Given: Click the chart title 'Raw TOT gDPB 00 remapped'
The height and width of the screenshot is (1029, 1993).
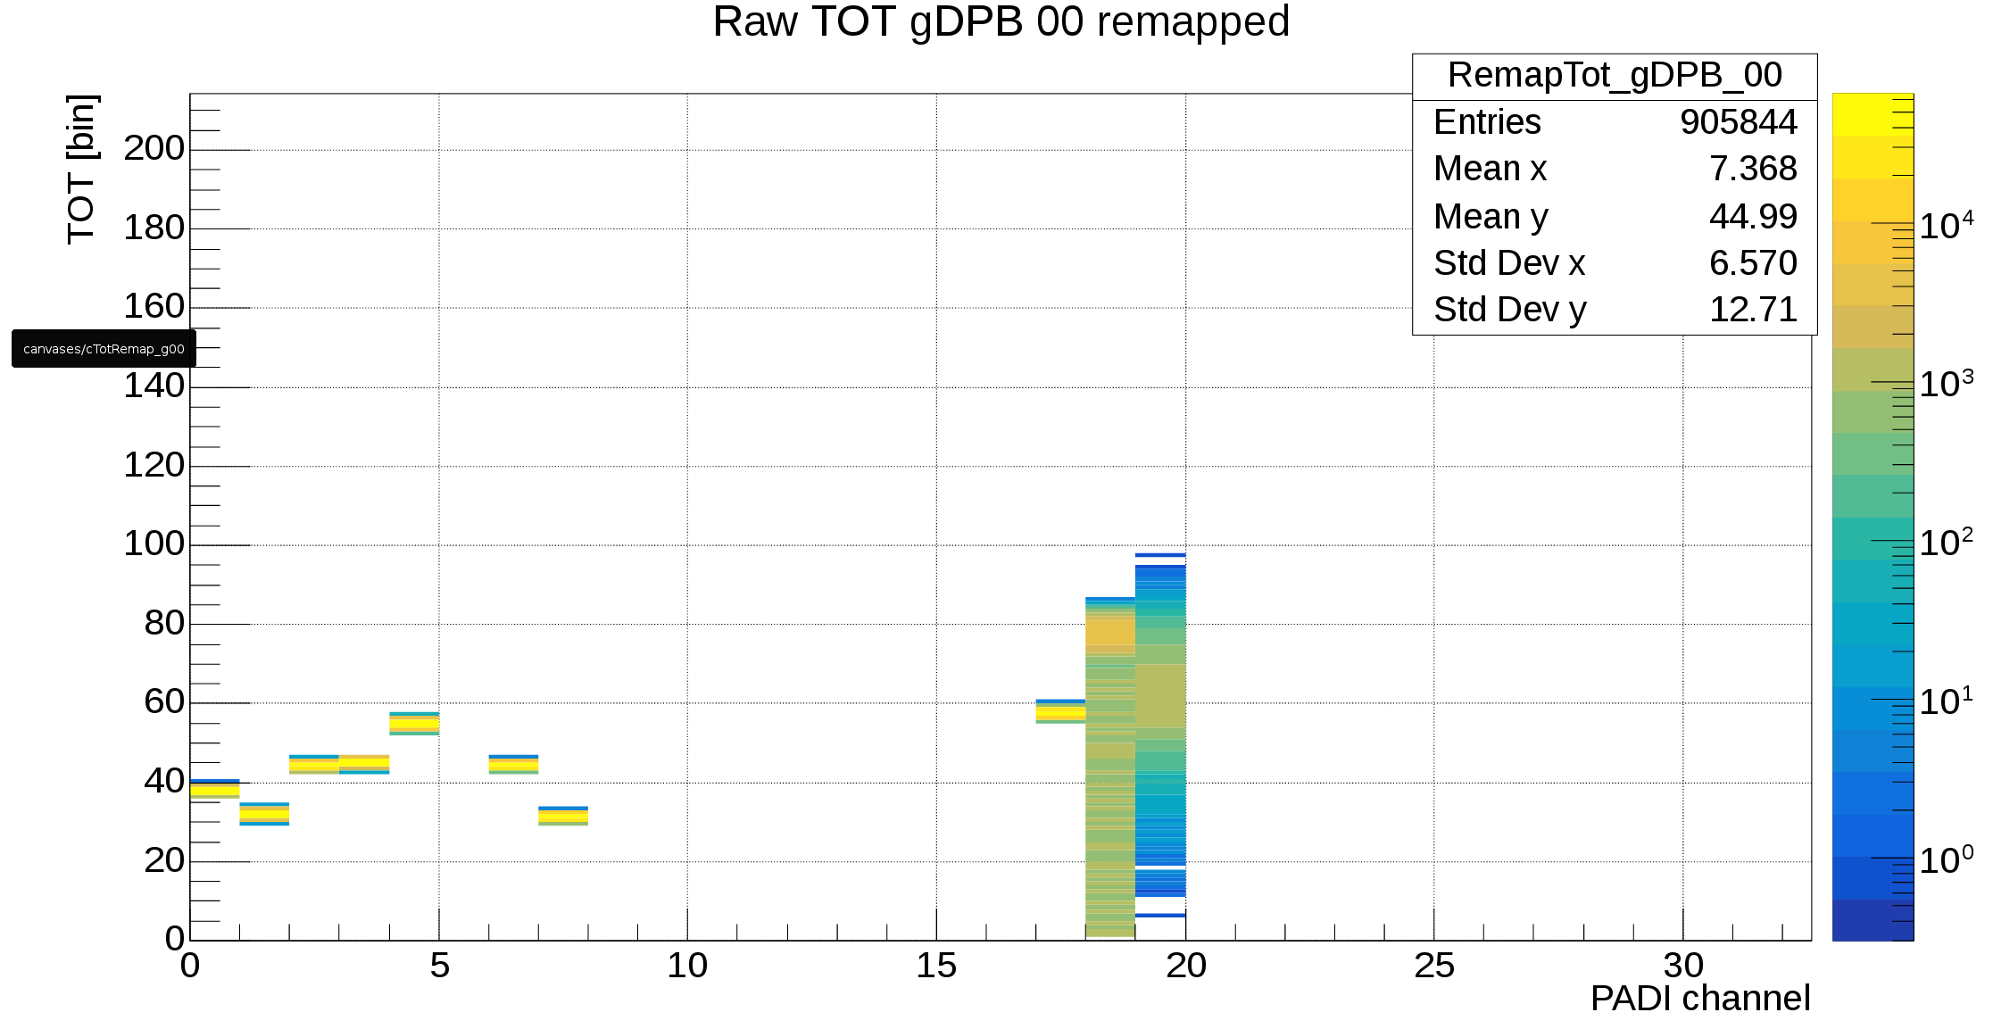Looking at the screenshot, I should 1001,22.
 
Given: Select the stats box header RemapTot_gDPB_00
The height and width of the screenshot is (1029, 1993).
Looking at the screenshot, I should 1614,76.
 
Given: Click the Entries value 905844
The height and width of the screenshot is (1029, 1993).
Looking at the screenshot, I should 1738,122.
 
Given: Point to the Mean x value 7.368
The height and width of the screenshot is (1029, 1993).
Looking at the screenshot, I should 1752,169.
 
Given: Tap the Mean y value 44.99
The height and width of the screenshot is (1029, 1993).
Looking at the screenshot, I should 1752,216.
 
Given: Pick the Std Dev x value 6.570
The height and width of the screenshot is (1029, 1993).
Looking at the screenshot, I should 1752,263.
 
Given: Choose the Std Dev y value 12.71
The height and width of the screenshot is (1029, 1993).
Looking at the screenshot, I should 1752,310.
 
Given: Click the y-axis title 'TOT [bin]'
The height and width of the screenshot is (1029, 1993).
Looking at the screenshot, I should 82,169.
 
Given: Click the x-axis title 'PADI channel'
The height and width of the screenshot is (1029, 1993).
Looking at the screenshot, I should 1699,999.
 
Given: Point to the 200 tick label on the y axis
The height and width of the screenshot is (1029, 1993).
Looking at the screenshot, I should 154,148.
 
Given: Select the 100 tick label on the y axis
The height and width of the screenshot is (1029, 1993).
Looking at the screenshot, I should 154,544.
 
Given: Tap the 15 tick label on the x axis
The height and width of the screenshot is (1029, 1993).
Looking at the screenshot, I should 936,966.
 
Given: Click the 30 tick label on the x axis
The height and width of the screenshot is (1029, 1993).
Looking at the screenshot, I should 1683,966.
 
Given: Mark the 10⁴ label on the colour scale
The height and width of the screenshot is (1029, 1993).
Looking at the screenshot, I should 1946,225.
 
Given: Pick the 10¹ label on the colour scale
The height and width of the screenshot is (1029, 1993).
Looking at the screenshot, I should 1946,701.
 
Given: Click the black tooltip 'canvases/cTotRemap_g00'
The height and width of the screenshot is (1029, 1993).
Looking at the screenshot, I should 104,348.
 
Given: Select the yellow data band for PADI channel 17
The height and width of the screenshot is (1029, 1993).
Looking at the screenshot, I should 1060,712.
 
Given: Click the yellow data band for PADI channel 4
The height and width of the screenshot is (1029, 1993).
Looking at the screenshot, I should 414,724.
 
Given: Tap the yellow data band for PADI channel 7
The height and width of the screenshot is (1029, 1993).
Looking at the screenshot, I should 563,816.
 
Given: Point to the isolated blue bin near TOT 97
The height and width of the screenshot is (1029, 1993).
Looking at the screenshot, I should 1160,555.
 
